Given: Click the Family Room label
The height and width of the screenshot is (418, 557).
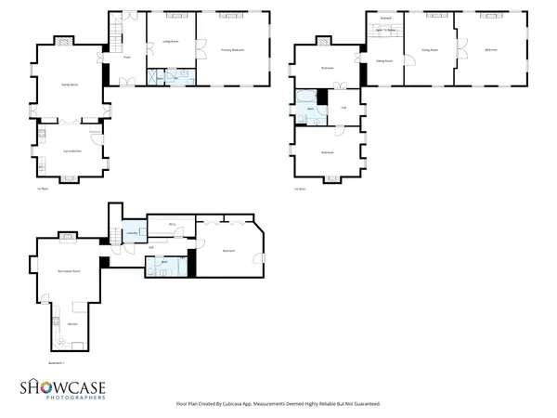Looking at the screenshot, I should tap(69, 84).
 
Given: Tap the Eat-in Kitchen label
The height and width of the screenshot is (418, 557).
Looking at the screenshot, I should tap(69, 150).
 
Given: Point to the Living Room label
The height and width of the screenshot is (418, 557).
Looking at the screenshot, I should tap(172, 42).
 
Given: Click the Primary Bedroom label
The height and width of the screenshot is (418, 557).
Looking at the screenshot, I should tap(232, 49).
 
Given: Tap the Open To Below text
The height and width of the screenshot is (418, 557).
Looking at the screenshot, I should tap(385, 30).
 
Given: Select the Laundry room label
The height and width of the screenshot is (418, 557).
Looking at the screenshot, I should tap(132, 233).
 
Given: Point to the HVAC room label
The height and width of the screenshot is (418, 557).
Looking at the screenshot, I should tap(173, 223).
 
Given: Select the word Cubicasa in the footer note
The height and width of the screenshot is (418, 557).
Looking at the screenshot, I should tap(243, 404).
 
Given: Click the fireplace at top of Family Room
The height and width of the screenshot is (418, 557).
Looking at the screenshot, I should tap(64, 42).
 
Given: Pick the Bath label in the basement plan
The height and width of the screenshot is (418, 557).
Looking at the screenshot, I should tap(164, 262).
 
